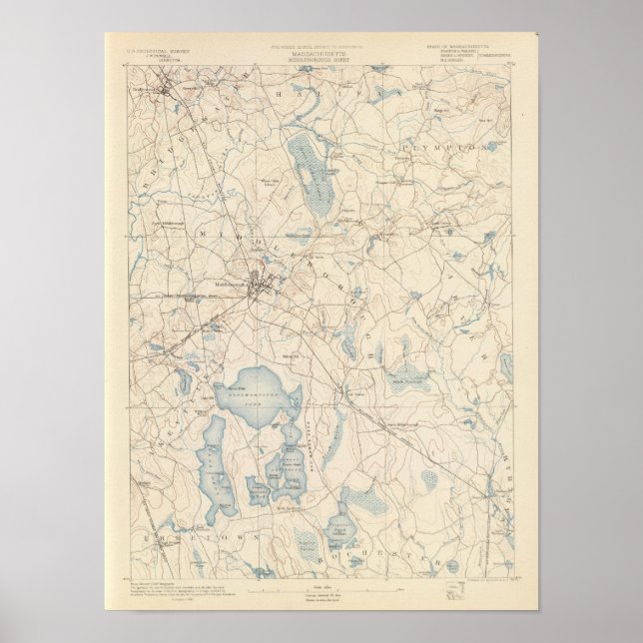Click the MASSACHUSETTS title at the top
(x=321, y=47)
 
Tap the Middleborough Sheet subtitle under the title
(x=321, y=54)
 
